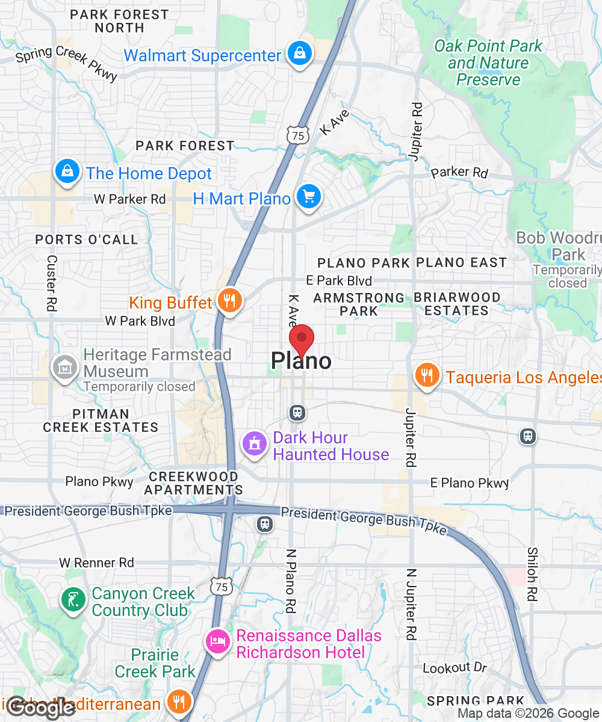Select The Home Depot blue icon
pos(68,172)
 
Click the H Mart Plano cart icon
pos(309,197)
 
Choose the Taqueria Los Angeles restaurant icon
pos(427,375)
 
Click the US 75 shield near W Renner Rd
pos(223,586)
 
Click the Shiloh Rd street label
pos(532,574)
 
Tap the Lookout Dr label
pos(455,668)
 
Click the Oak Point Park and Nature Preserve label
pos(488,63)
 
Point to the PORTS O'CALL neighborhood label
pos(87,239)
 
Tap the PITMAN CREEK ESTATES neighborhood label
pos(101,421)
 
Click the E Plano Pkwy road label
pos(470,483)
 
